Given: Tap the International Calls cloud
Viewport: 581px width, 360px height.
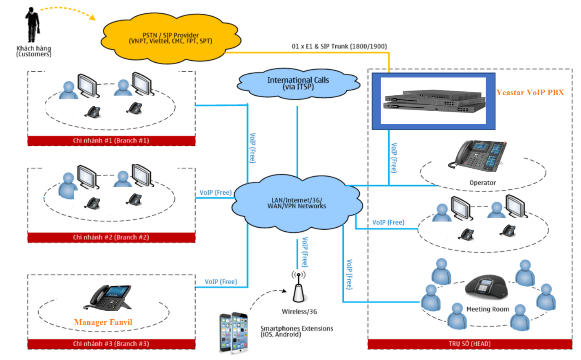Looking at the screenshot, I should point(298,83).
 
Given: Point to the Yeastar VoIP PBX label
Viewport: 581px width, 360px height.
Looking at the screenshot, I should point(530,92).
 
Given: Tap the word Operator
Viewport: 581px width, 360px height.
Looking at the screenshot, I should point(482,183).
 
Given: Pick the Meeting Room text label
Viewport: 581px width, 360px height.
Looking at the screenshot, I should point(488,309).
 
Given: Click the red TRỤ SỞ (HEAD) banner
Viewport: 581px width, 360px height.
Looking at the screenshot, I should point(470,344).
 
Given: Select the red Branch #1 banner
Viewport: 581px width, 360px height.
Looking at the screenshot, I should point(111,141).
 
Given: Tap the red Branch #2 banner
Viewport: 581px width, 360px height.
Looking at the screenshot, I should point(111,237).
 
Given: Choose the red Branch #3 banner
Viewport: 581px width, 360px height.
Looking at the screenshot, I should point(111,344).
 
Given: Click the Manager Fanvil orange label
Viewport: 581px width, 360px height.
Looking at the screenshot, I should point(103,322).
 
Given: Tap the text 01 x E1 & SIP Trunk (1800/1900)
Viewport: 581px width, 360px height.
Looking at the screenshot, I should point(339,46).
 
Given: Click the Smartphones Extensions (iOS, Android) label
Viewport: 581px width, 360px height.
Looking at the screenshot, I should point(297,331).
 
